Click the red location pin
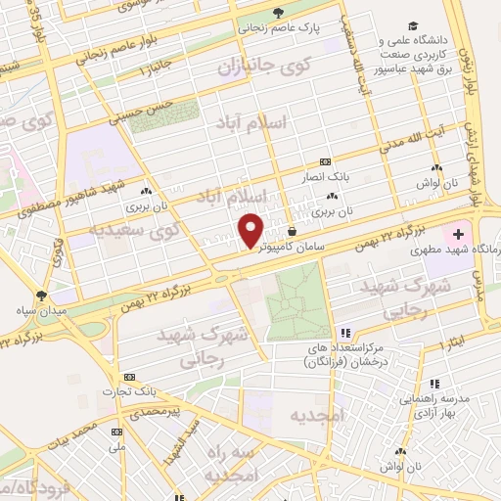(x=251, y=229)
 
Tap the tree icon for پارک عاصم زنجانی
(x=279, y=13)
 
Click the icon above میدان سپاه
(x=41, y=295)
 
